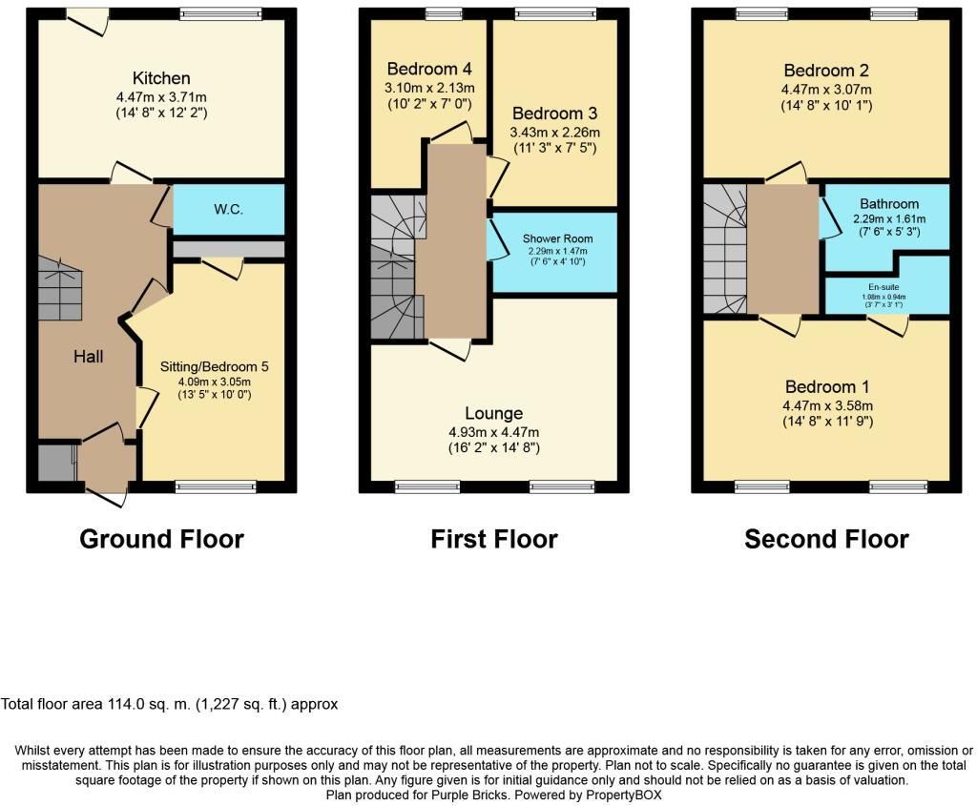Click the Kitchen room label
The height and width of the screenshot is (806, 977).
(x=161, y=78)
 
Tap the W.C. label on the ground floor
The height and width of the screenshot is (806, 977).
(x=229, y=209)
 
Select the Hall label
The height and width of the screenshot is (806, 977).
(x=89, y=357)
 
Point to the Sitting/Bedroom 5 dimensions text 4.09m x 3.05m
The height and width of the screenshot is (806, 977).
(x=215, y=382)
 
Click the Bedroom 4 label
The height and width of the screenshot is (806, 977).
(x=429, y=69)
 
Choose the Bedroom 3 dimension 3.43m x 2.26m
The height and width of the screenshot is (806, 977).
(x=554, y=132)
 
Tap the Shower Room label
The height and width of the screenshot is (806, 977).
(x=557, y=238)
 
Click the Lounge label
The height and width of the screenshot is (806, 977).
(x=493, y=413)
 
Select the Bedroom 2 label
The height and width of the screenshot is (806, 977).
(x=826, y=71)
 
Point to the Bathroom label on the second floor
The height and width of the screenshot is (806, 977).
(x=889, y=204)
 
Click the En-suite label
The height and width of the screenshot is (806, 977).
(x=883, y=287)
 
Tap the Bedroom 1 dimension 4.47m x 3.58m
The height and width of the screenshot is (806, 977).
(x=827, y=405)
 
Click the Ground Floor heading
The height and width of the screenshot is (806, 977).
(x=161, y=539)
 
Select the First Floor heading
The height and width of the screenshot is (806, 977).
(x=494, y=539)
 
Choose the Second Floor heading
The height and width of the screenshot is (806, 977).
(x=826, y=539)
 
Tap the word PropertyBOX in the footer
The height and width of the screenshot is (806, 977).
(x=624, y=796)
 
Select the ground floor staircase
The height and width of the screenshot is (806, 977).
(x=60, y=288)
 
